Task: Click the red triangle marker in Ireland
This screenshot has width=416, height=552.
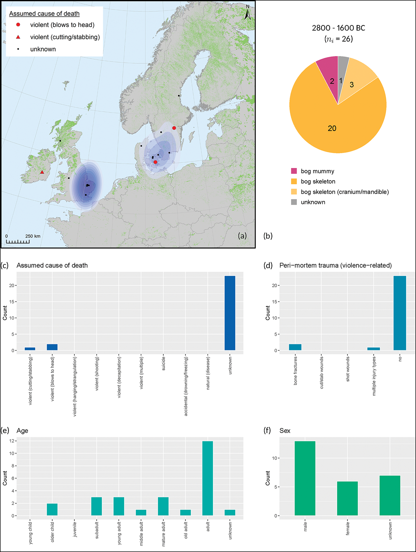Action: pyautogui.click(x=42, y=172)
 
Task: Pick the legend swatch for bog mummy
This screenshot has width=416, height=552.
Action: pyautogui.click(x=294, y=171)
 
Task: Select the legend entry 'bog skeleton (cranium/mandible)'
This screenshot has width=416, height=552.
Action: pyautogui.click(x=345, y=192)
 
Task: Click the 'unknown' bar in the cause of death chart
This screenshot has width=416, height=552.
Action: pyautogui.click(x=230, y=313)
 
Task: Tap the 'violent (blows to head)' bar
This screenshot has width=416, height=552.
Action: pyautogui.click(x=52, y=347)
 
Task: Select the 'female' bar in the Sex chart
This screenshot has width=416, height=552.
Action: pyautogui.click(x=347, y=498)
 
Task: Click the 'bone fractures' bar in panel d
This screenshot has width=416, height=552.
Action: pyautogui.click(x=295, y=347)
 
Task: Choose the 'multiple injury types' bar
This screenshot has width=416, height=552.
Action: pyautogui.click(x=373, y=349)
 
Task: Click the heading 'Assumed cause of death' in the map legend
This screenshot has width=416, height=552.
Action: pyautogui.click(x=44, y=14)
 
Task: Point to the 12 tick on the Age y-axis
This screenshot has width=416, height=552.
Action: pyautogui.click(x=12, y=441)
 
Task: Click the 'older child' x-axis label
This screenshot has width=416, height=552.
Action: pyautogui.click(x=52, y=532)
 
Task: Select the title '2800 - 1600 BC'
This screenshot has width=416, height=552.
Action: pyautogui.click(x=338, y=28)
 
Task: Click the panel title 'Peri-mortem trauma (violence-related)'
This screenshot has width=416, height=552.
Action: pyautogui.click(x=335, y=265)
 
